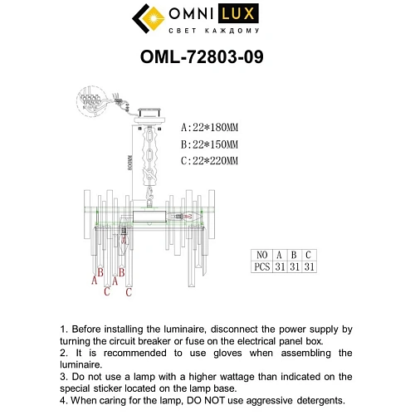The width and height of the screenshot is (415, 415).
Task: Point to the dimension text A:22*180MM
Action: [x=208, y=129]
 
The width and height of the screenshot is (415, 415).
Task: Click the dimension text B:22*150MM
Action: [x=208, y=144]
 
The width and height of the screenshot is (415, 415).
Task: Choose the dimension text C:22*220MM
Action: [x=208, y=160]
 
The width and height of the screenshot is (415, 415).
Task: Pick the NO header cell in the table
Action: [x=261, y=255]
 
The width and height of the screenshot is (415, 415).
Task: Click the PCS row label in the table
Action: [x=261, y=267]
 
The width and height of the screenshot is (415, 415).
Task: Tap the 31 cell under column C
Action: [x=308, y=267]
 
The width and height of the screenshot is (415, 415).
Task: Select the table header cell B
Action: [x=295, y=255]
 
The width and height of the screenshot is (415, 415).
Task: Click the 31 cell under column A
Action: [x=281, y=267]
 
